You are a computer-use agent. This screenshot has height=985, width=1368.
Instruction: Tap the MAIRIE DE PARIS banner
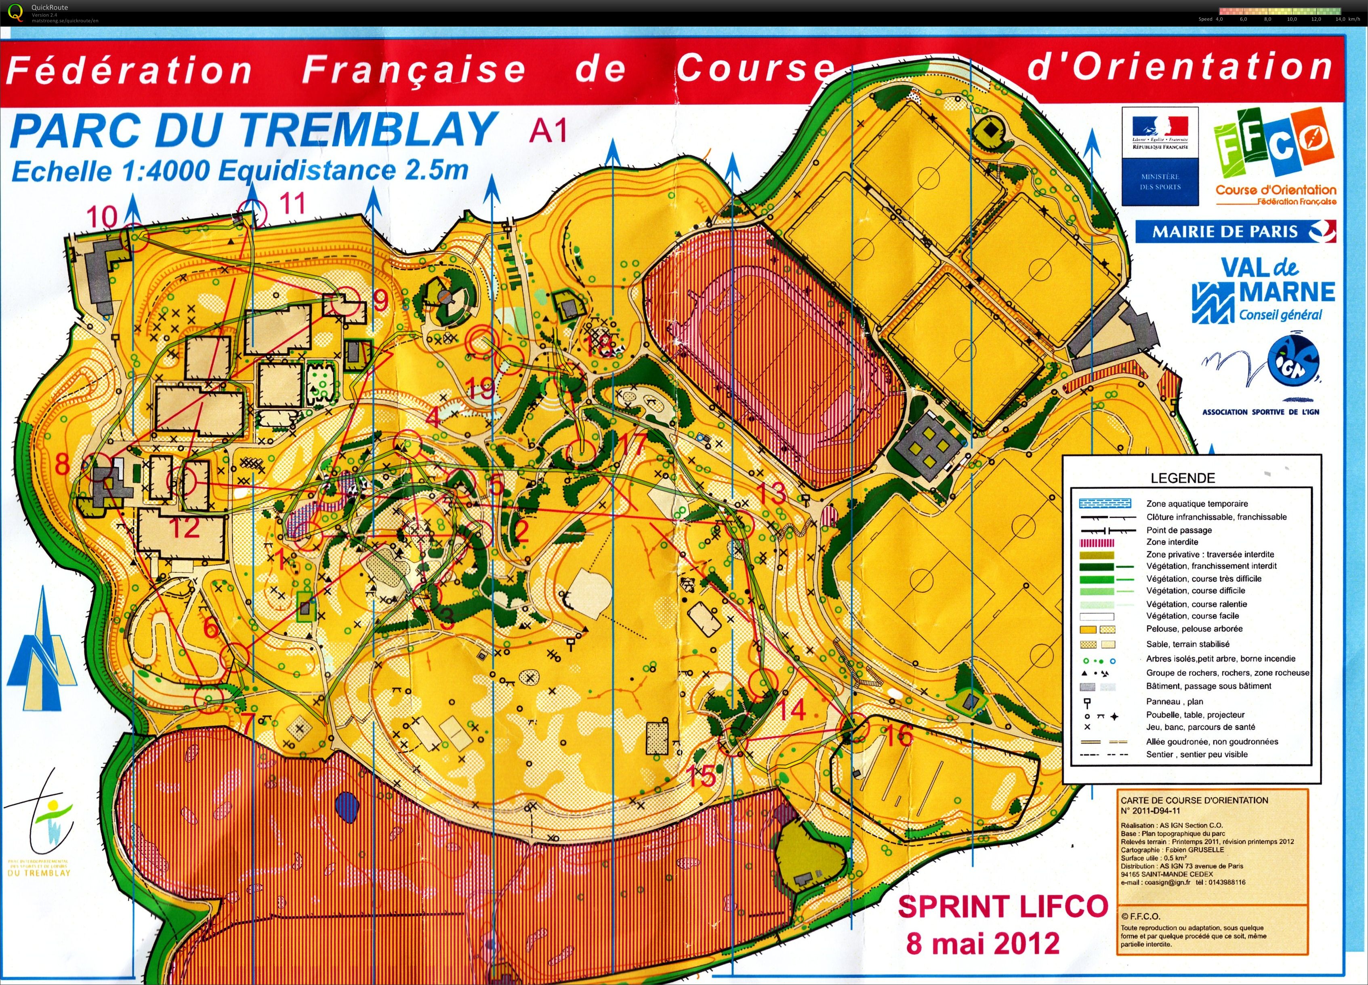tap(1235, 232)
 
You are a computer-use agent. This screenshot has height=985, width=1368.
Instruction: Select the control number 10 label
tap(101, 217)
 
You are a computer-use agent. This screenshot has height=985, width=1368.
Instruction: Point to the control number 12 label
tap(184, 528)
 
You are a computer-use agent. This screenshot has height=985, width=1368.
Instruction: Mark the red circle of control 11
tap(252, 212)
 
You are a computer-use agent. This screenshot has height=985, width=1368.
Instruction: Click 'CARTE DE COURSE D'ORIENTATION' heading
tap(1194, 800)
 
